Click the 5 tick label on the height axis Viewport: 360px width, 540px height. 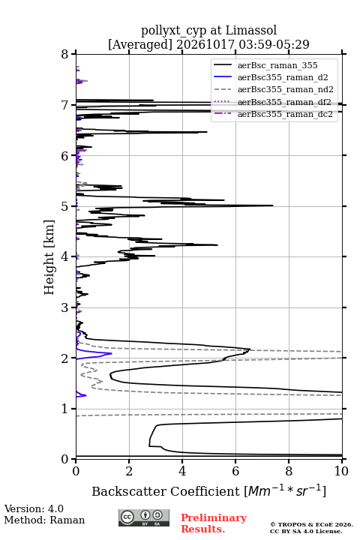(65, 206)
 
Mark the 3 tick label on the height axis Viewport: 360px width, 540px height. (65, 307)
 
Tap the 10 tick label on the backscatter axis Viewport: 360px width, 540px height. (341, 471)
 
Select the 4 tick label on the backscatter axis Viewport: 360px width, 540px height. (182, 471)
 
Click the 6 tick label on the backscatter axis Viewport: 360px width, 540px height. (235, 471)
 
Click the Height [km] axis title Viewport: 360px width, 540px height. (49, 257)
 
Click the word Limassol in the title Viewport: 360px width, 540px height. (251, 31)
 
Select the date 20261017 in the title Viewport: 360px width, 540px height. (205, 44)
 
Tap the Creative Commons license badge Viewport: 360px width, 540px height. (144, 517)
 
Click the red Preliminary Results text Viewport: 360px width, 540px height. (214, 523)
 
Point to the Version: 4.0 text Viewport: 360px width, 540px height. (34, 508)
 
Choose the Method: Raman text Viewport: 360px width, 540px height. (44, 520)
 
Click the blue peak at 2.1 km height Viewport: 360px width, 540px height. (111, 354)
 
